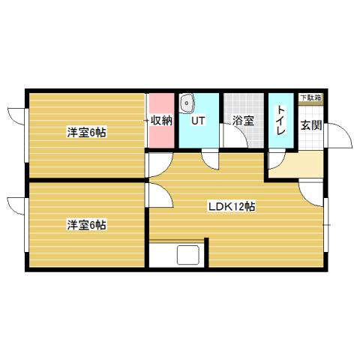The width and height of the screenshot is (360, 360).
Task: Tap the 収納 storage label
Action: coord(162,120)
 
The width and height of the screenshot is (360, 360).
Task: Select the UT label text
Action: coord(198,120)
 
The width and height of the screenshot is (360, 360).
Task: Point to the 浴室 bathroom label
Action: coord(241,121)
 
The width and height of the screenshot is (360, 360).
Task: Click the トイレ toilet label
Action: coord(280,120)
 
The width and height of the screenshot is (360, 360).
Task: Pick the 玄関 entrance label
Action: coord(311,125)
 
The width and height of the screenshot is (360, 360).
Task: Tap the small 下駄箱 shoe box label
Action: coord(310,98)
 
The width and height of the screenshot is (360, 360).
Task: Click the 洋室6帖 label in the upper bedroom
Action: coord(86,133)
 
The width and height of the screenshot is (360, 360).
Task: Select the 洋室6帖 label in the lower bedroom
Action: coord(86,224)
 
